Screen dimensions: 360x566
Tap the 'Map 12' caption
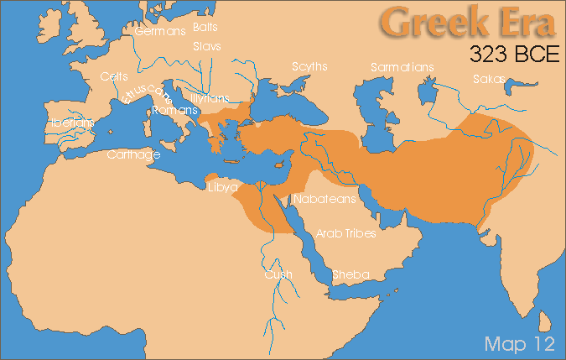tap(516, 342)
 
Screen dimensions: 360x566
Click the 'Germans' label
tap(160, 32)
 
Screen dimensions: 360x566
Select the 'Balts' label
tap(205, 28)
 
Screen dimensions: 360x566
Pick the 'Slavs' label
tap(206, 46)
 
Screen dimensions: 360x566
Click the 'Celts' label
tap(114, 76)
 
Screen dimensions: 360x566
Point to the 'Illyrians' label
tap(210, 98)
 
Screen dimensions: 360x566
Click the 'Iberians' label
tap(72, 123)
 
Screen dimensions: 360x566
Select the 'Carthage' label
tap(133, 155)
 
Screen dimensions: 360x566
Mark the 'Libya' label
tap(223, 186)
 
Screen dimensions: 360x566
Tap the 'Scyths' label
tap(309, 65)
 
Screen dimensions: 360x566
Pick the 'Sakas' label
tap(489, 80)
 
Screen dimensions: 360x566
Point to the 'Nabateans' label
tap(325, 199)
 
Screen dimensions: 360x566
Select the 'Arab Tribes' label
tap(345, 233)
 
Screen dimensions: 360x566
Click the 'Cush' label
tap(278, 274)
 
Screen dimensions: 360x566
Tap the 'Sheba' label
tap(351, 274)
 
